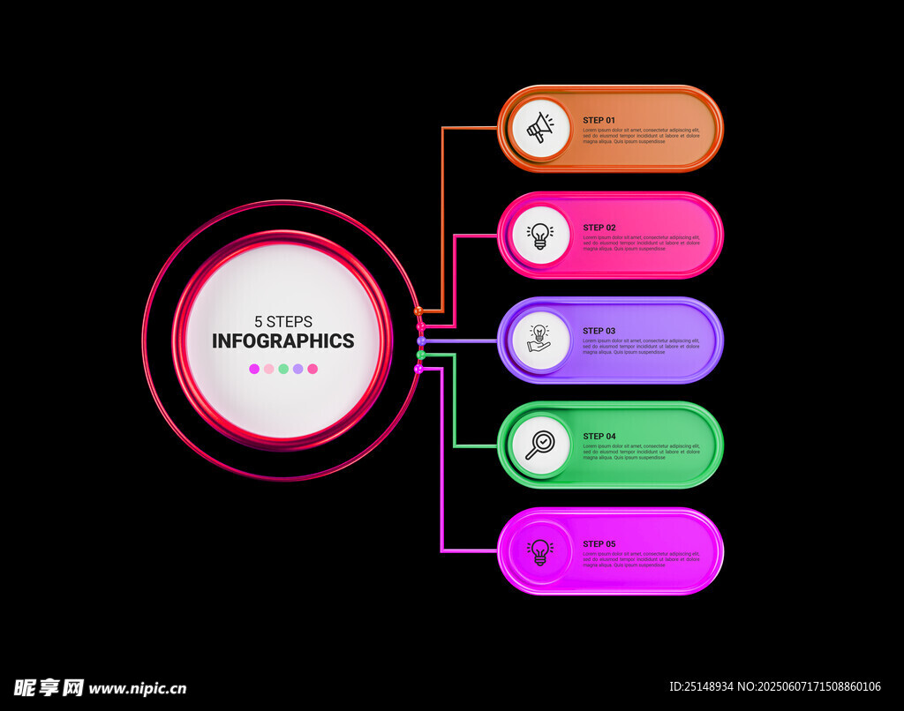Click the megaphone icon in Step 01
pos(540,130)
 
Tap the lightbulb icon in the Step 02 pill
pos(540,235)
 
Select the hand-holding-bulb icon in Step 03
pos(539,339)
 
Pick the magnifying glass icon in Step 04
pos(540,445)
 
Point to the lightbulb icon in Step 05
pos(540,551)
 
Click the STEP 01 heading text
pos(599,120)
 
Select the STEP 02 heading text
pos(599,228)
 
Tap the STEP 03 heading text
pos(599,332)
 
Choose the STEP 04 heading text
pos(599,437)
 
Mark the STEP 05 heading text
pos(599,544)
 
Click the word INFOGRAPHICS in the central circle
pos(283,341)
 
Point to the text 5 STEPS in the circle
pos(283,322)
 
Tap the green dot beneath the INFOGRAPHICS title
pos(283,369)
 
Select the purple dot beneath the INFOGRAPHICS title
pos(298,369)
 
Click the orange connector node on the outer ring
pos(418,311)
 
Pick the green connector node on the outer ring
pos(421,355)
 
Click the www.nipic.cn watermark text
pos(138,688)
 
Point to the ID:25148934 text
pos(701,686)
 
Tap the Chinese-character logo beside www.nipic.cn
pos(49,687)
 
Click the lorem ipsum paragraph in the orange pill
pos(641,135)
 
